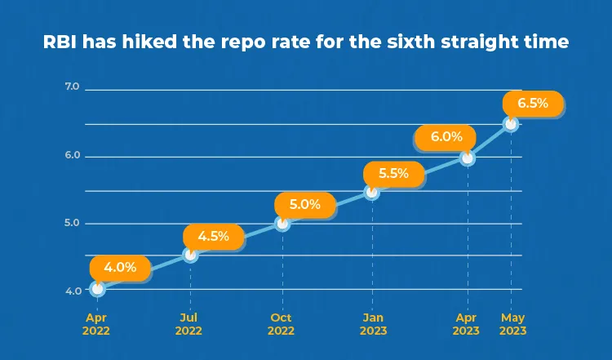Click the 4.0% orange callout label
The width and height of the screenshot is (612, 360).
coord(120,268)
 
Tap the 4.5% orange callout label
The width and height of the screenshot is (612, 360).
coord(214,237)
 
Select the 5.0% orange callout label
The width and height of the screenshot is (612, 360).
coord(305,205)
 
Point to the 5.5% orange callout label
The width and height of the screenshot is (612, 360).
coord(393,174)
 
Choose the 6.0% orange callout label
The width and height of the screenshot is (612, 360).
coord(446,137)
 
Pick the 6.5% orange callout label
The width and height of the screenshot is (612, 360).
coord(533,104)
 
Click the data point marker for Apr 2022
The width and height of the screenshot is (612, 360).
coord(98,289)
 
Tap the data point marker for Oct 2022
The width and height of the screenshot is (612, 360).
coord(282,224)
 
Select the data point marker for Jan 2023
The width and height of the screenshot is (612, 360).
coord(372,192)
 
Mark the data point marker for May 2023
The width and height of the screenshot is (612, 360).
coord(511,124)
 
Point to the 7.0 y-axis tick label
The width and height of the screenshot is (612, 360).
coord(72,87)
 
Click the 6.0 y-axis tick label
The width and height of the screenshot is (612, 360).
coord(72,155)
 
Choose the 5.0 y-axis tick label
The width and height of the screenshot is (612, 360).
coord(72,223)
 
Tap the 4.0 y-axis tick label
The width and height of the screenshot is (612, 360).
coord(73,291)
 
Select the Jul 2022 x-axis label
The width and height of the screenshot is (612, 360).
coord(188,324)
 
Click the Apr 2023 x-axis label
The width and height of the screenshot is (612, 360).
coord(466,324)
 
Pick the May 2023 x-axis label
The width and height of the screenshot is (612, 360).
coord(513,324)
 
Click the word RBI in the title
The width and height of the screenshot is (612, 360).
coord(60,42)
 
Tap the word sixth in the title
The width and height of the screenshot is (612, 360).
coord(411,42)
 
